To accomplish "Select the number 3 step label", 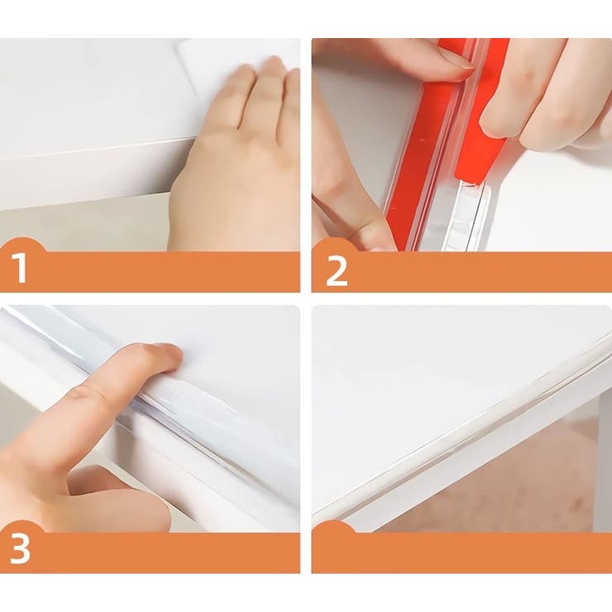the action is tap(20, 547).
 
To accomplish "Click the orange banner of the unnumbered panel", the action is tap(461, 549).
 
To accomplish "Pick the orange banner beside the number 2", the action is tap(461, 270).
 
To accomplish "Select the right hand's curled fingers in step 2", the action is tap(547, 93).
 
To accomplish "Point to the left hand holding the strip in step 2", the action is tap(351, 175).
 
